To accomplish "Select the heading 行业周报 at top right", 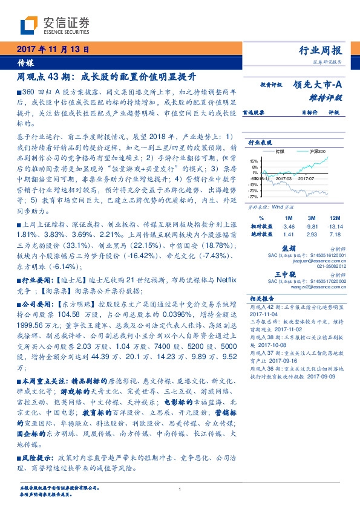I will (x=321, y=50).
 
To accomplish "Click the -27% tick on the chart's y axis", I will (x=254, y=196).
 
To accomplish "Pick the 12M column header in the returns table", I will (x=333, y=217).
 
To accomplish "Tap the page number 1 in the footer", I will (x=180, y=490).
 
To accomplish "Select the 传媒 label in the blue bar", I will (x=26, y=62).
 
